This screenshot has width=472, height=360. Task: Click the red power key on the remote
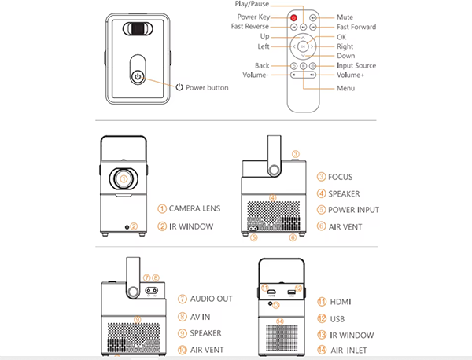(x=293, y=17)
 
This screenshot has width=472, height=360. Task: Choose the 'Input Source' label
(x=356, y=65)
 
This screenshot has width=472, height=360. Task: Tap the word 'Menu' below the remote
(x=346, y=88)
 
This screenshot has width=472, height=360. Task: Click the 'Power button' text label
(x=207, y=87)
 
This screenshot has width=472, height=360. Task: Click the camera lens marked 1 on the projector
(x=124, y=178)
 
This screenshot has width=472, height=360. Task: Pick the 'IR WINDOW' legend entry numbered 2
(x=196, y=227)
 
